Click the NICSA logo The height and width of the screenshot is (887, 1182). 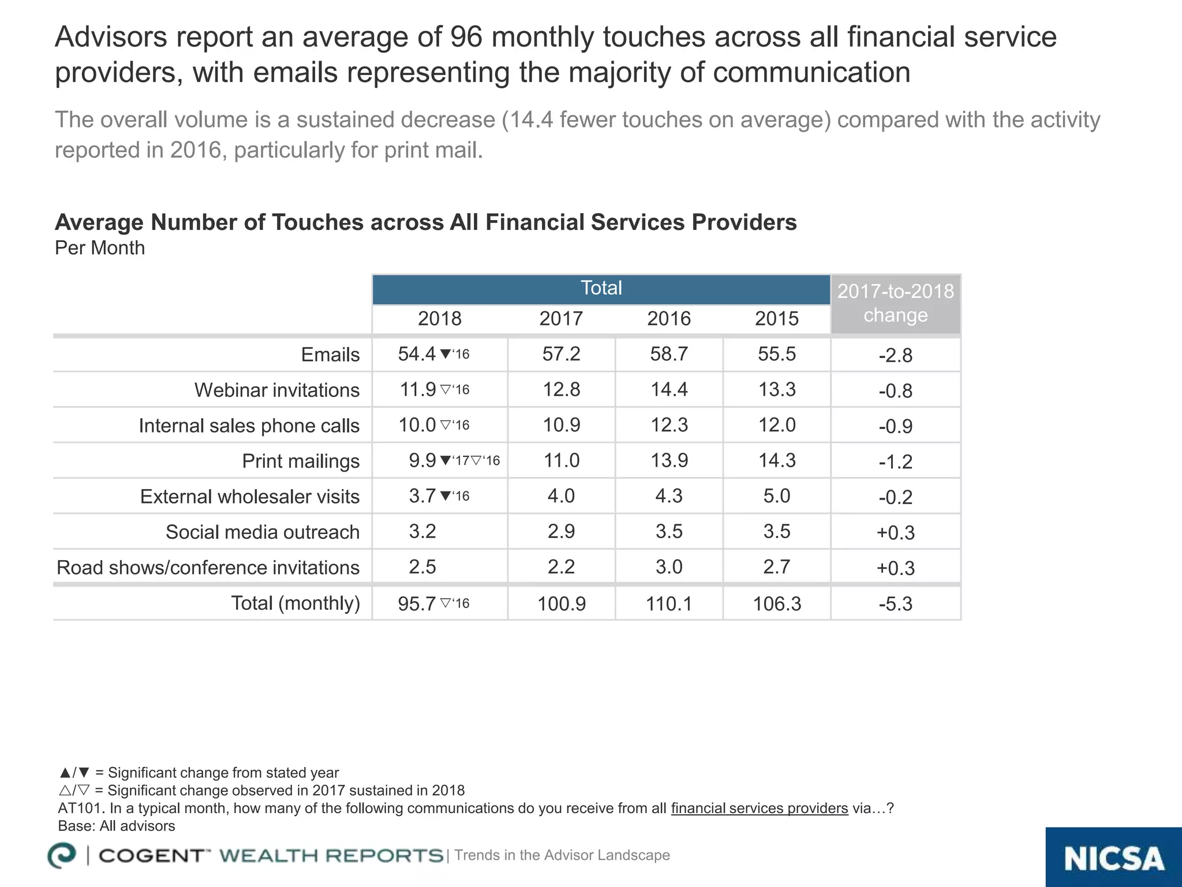tap(1113, 859)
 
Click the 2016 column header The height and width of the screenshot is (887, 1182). tap(668, 319)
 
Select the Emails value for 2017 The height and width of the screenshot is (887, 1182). tap(561, 354)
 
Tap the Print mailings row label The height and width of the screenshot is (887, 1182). tap(300, 461)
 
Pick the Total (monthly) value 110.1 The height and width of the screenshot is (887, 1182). tap(668, 604)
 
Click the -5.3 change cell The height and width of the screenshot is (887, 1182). tap(895, 604)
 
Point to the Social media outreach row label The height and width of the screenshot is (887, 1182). tap(262, 532)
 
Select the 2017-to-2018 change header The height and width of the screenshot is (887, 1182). tap(895, 303)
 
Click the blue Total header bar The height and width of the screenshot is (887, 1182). tap(601, 288)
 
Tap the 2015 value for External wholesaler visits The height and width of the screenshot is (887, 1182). tap(776, 496)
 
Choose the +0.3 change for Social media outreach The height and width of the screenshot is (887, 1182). tap(895, 532)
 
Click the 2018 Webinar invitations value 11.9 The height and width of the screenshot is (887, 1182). tap(418, 390)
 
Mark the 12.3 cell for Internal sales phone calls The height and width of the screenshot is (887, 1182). tap(668, 425)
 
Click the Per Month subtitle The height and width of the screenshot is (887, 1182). tap(100, 248)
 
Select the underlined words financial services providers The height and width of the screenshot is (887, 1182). tap(759, 808)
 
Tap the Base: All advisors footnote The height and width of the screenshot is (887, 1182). tap(117, 826)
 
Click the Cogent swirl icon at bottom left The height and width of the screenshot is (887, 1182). tap(62, 855)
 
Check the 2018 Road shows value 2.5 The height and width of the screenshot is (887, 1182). tap(422, 567)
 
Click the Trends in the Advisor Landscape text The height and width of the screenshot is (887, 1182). tap(562, 855)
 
